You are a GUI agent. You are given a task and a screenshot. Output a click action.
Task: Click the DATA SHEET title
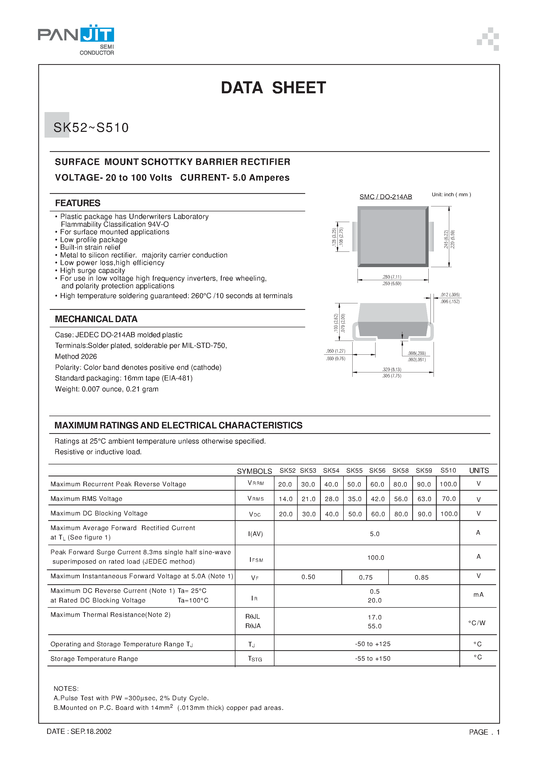[273, 88]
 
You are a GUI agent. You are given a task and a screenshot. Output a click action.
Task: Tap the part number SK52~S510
[91, 128]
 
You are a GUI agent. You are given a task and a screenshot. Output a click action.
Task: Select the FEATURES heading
[78, 203]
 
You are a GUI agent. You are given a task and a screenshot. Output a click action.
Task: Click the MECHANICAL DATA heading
[96, 319]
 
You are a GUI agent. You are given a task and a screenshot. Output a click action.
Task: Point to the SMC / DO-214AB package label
[385, 197]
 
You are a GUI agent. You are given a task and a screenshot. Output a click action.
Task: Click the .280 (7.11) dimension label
[391, 277]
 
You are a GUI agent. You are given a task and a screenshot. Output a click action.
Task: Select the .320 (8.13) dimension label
[391, 369]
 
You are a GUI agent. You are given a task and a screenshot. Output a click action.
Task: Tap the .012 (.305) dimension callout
[450, 295]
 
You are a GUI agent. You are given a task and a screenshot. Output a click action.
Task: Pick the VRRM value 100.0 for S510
[448, 484]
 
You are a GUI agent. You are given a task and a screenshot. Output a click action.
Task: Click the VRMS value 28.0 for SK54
[331, 499]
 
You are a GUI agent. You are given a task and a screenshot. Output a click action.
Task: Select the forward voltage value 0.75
[366, 577]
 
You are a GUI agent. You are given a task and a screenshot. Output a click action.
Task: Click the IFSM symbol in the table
[256, 560]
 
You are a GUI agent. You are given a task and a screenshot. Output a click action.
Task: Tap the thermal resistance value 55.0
[374, 626]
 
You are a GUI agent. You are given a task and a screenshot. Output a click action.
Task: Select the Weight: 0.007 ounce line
[107, 389]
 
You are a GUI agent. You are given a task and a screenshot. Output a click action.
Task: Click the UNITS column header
[479, 471]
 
